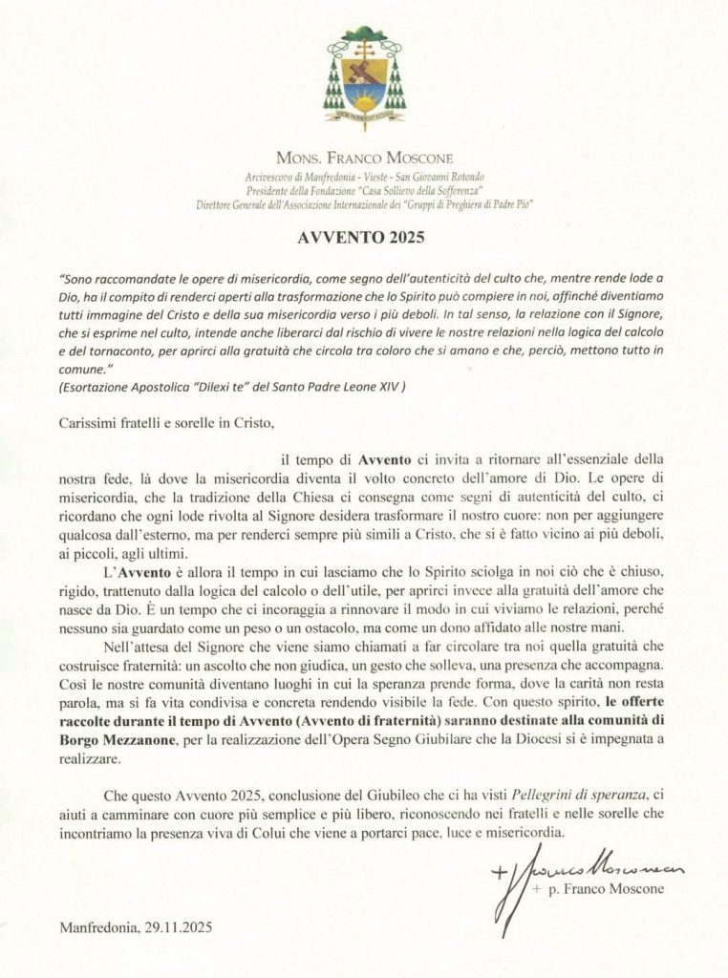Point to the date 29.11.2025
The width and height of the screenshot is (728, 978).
[182, 927]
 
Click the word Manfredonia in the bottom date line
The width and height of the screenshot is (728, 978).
[98, 927]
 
